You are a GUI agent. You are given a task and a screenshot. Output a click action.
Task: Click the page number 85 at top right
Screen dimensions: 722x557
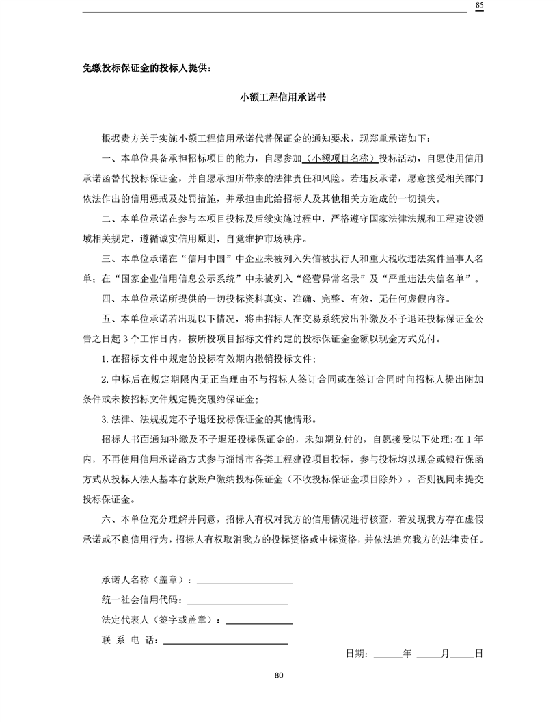point(479,5)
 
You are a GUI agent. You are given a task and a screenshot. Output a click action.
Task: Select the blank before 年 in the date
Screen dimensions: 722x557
point(388,654)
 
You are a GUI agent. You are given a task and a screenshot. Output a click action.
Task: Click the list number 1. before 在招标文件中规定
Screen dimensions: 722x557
point(104,359)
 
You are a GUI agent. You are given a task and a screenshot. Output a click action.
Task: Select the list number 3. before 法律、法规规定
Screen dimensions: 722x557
point(104,419)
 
